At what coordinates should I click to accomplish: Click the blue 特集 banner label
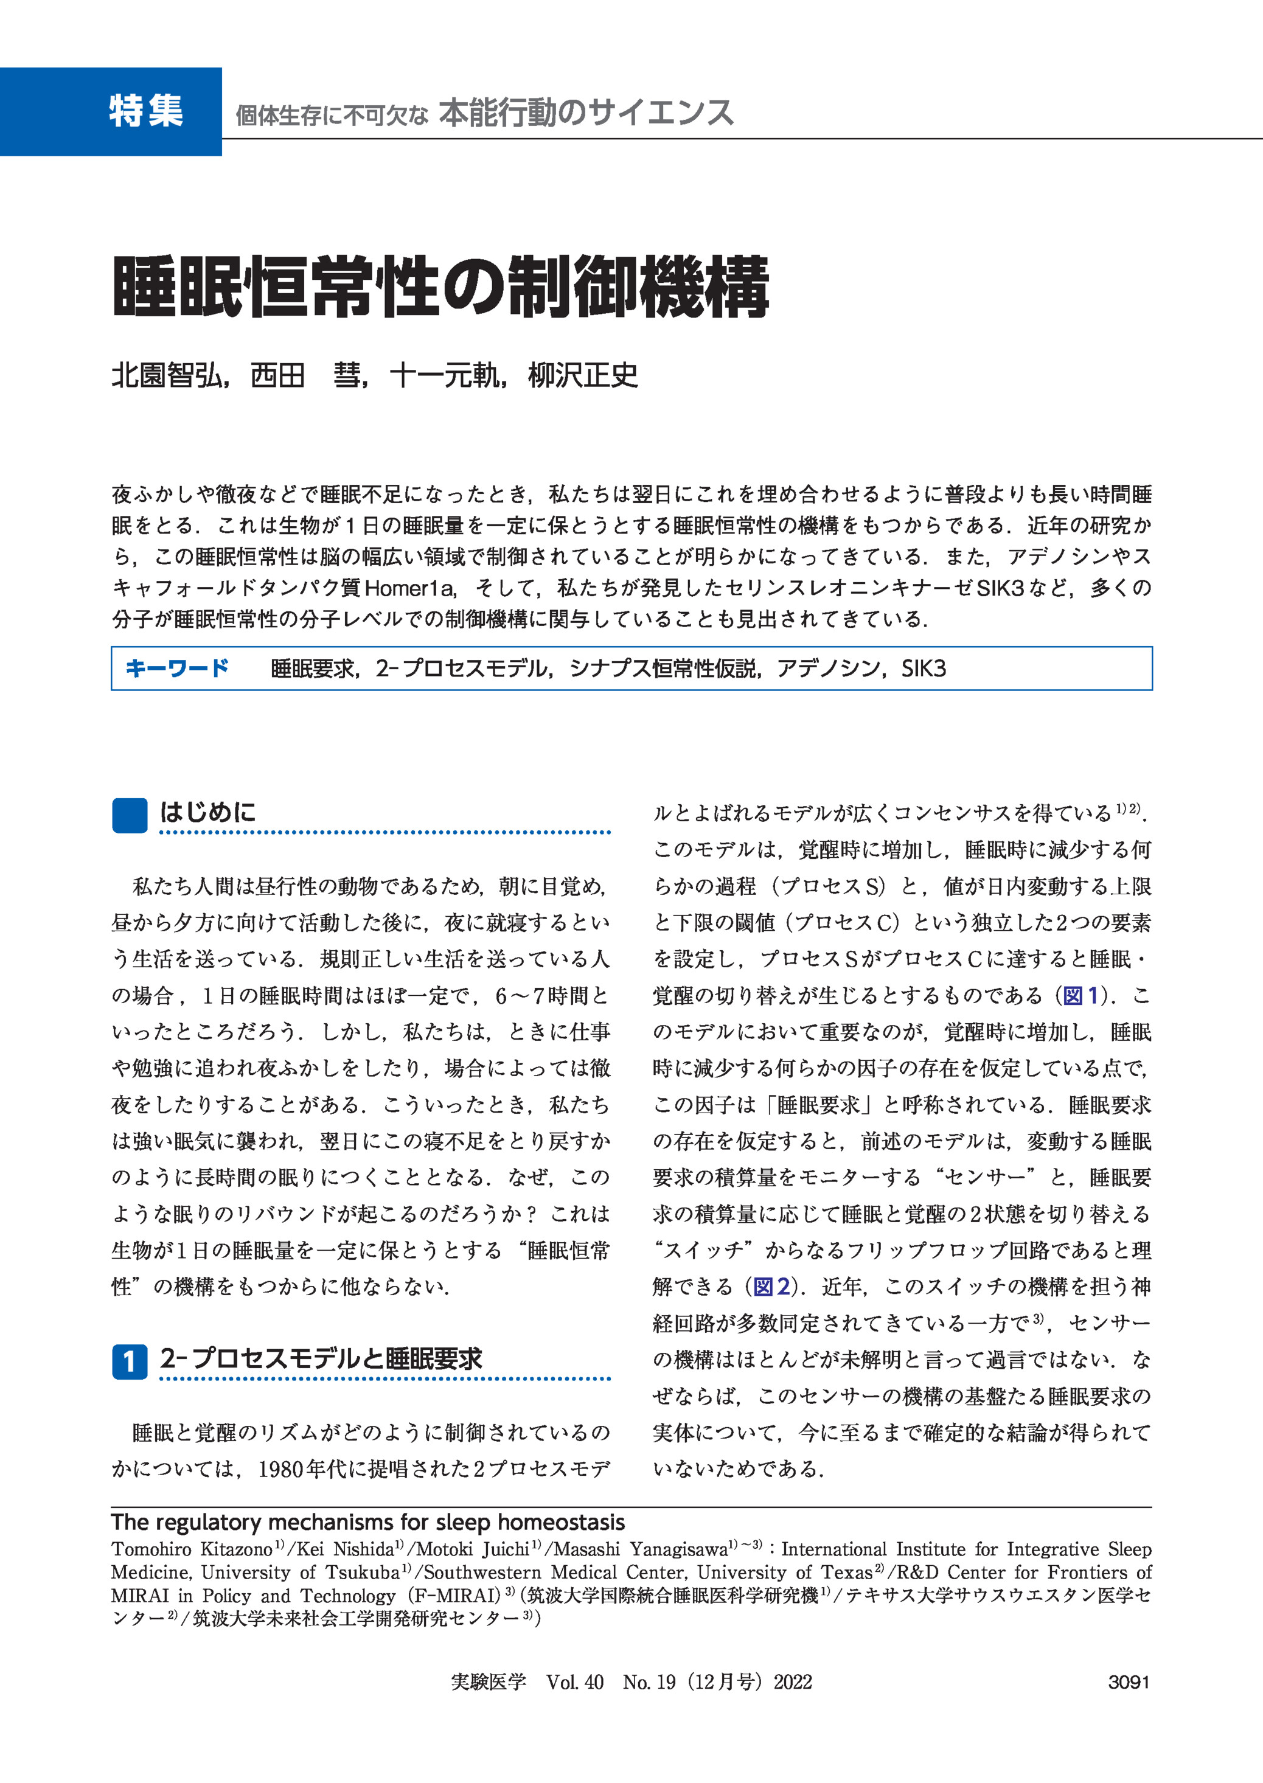145,111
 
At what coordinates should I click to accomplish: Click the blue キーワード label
177,668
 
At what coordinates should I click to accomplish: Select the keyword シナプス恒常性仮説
664,669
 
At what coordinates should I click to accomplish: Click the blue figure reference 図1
1081,995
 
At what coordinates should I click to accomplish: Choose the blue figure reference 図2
771,1287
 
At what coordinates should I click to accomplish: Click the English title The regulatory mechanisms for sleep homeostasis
368,1522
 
